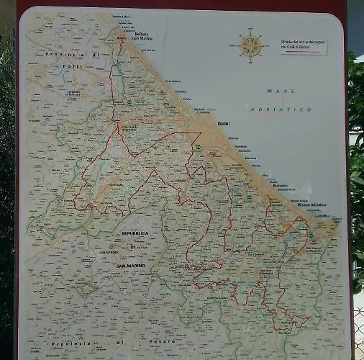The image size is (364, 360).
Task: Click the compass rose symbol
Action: point(251,46)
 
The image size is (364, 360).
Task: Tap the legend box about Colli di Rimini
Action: point(303,46)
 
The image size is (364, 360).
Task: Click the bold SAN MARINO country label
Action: point(132,267)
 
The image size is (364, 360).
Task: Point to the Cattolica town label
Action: point(322,216)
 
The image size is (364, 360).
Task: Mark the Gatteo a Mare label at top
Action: point(123,16)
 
